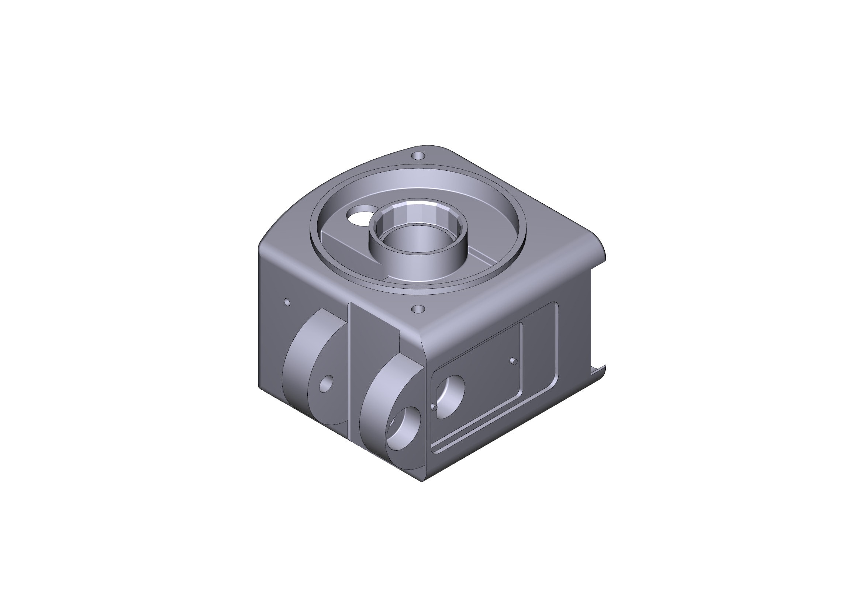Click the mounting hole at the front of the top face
coord(418,309)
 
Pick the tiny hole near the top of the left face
coord(287,302)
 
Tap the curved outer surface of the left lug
coord(297,349)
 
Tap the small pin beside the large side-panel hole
coord(434,407)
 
